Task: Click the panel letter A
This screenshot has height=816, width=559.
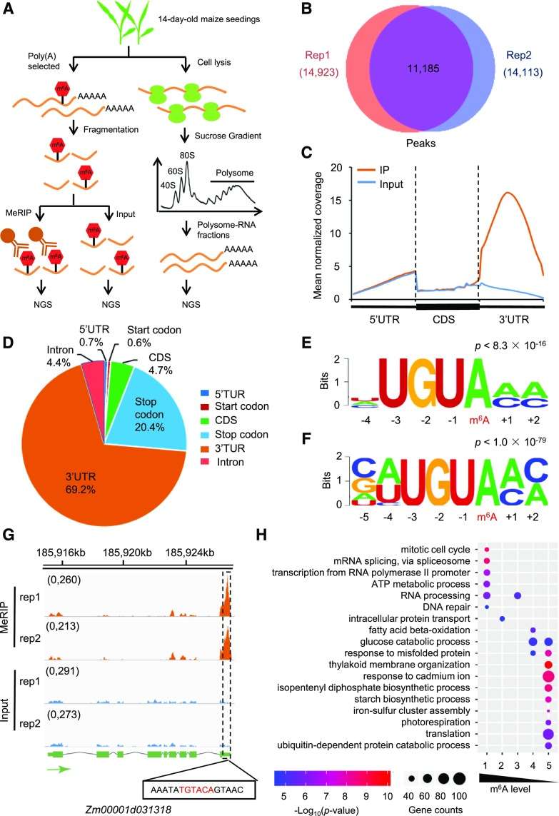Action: [x=13, y=10]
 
